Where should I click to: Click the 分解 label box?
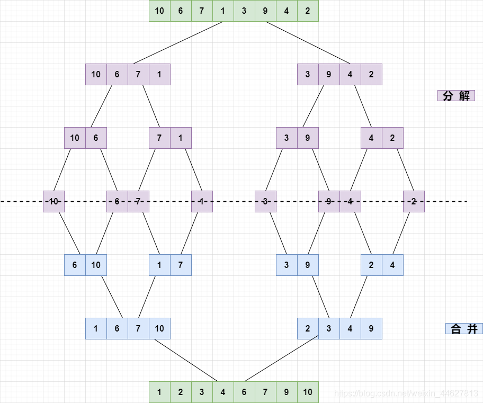pos(456,96)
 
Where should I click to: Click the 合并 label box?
pos(464,329)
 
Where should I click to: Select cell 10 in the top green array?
pos(159,11)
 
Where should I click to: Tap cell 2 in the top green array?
pos(308,11)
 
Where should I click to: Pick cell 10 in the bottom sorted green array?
pos(308,392)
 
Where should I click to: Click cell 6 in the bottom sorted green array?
pos(244,392)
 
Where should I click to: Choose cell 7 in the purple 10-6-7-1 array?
pos(138,74)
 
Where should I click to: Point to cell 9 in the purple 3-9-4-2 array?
pos(329,74)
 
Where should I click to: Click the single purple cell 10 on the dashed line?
pos(53,201)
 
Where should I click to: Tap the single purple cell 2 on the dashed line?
pos(414,201)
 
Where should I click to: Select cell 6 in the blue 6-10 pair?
pos(75,265)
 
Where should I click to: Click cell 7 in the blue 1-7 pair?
pos(181,265)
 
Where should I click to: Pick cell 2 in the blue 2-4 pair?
pos(371,265)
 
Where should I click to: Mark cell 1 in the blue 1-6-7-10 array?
pos(96,328)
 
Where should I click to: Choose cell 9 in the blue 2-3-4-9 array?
pos(371,328)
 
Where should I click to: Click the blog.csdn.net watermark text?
pos(406,393)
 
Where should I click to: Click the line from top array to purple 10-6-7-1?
pos(178,43)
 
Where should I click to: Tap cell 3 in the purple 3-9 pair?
pos(287,138)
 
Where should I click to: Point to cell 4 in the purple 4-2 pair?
pos(371,138)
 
